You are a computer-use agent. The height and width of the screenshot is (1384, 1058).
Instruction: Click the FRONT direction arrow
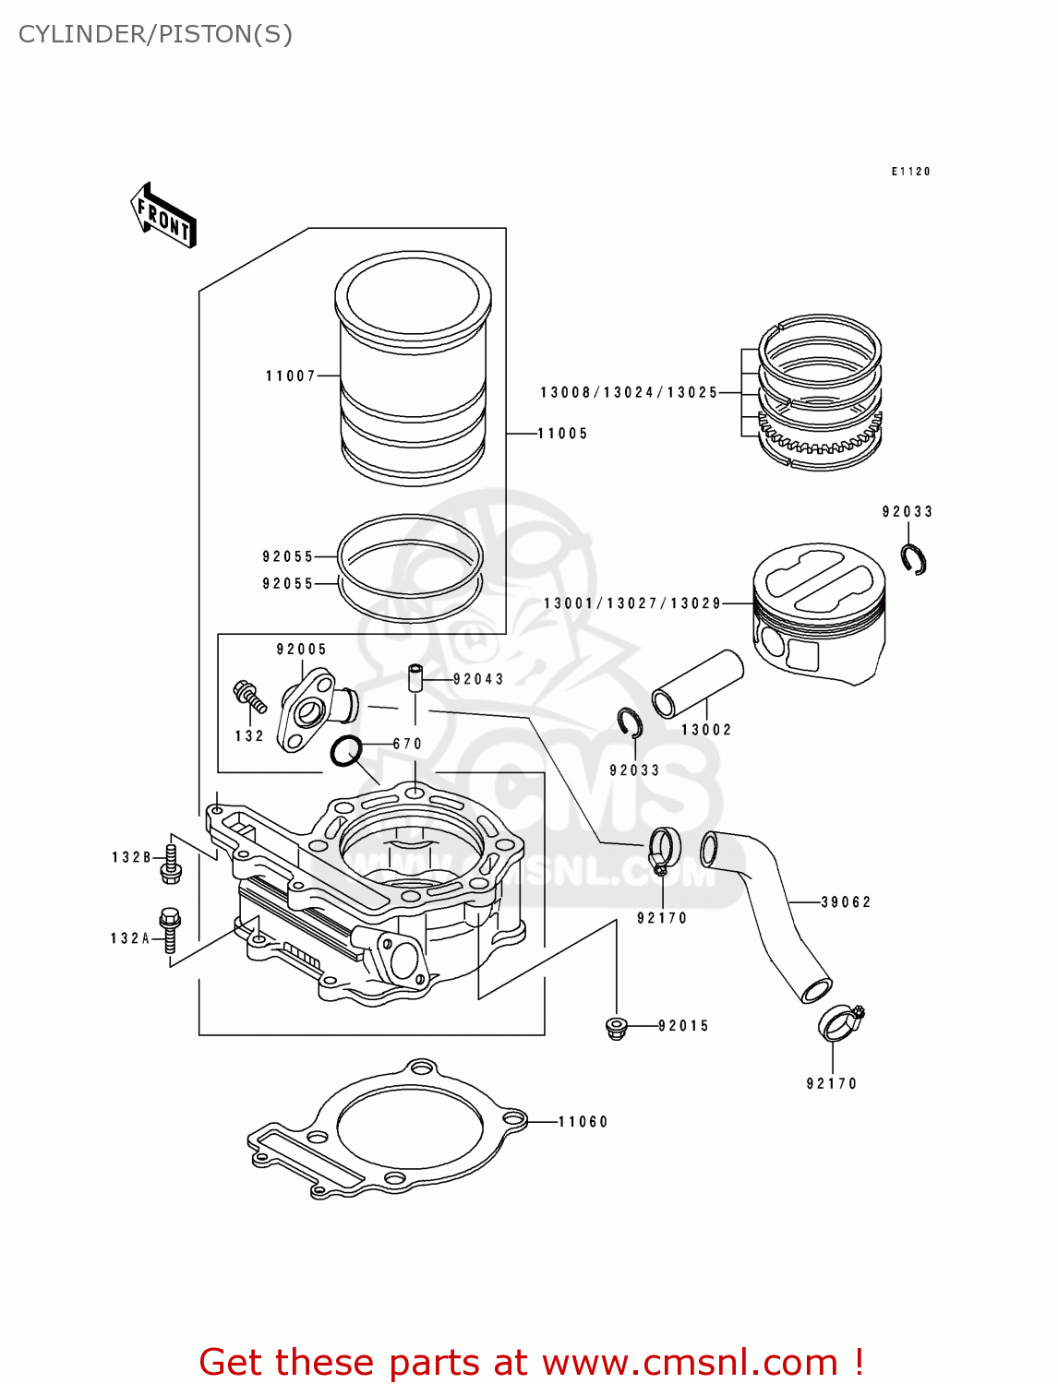click(x=163, y=215)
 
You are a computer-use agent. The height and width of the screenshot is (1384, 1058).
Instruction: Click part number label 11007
click(x=290, y=376)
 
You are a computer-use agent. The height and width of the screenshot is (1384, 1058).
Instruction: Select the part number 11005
click(x=562, y=433)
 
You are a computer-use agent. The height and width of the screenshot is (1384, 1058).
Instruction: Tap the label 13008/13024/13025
click(x=629, y=392)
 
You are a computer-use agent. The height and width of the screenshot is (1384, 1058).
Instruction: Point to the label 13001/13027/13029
click(x=632, y=603)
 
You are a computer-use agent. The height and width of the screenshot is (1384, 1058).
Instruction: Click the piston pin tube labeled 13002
click(x=698, y=684)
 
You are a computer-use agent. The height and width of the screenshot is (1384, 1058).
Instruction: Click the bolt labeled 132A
click(x=170, y=929)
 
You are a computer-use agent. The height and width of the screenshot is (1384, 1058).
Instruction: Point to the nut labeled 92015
click(x=616, y=1026)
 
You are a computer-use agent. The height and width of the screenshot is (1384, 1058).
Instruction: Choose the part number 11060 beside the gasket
click(x=583, y=1122)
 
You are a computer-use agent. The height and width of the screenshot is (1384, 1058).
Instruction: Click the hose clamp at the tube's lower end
click(x=841, y=1020)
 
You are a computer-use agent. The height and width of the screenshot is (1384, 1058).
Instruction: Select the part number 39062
click(x=846, y=901)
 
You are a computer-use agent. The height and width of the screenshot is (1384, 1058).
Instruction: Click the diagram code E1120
click(x=910, y=172)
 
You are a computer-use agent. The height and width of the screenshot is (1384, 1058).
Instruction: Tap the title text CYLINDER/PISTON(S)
click(x=155, y=34)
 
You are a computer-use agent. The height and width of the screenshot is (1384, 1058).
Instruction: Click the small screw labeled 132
click(x=250, y=698)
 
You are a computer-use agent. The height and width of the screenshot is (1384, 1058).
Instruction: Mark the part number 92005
click(x=301, y=650)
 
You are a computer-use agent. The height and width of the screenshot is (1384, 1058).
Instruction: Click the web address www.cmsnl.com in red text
click(x=690, y=1362)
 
